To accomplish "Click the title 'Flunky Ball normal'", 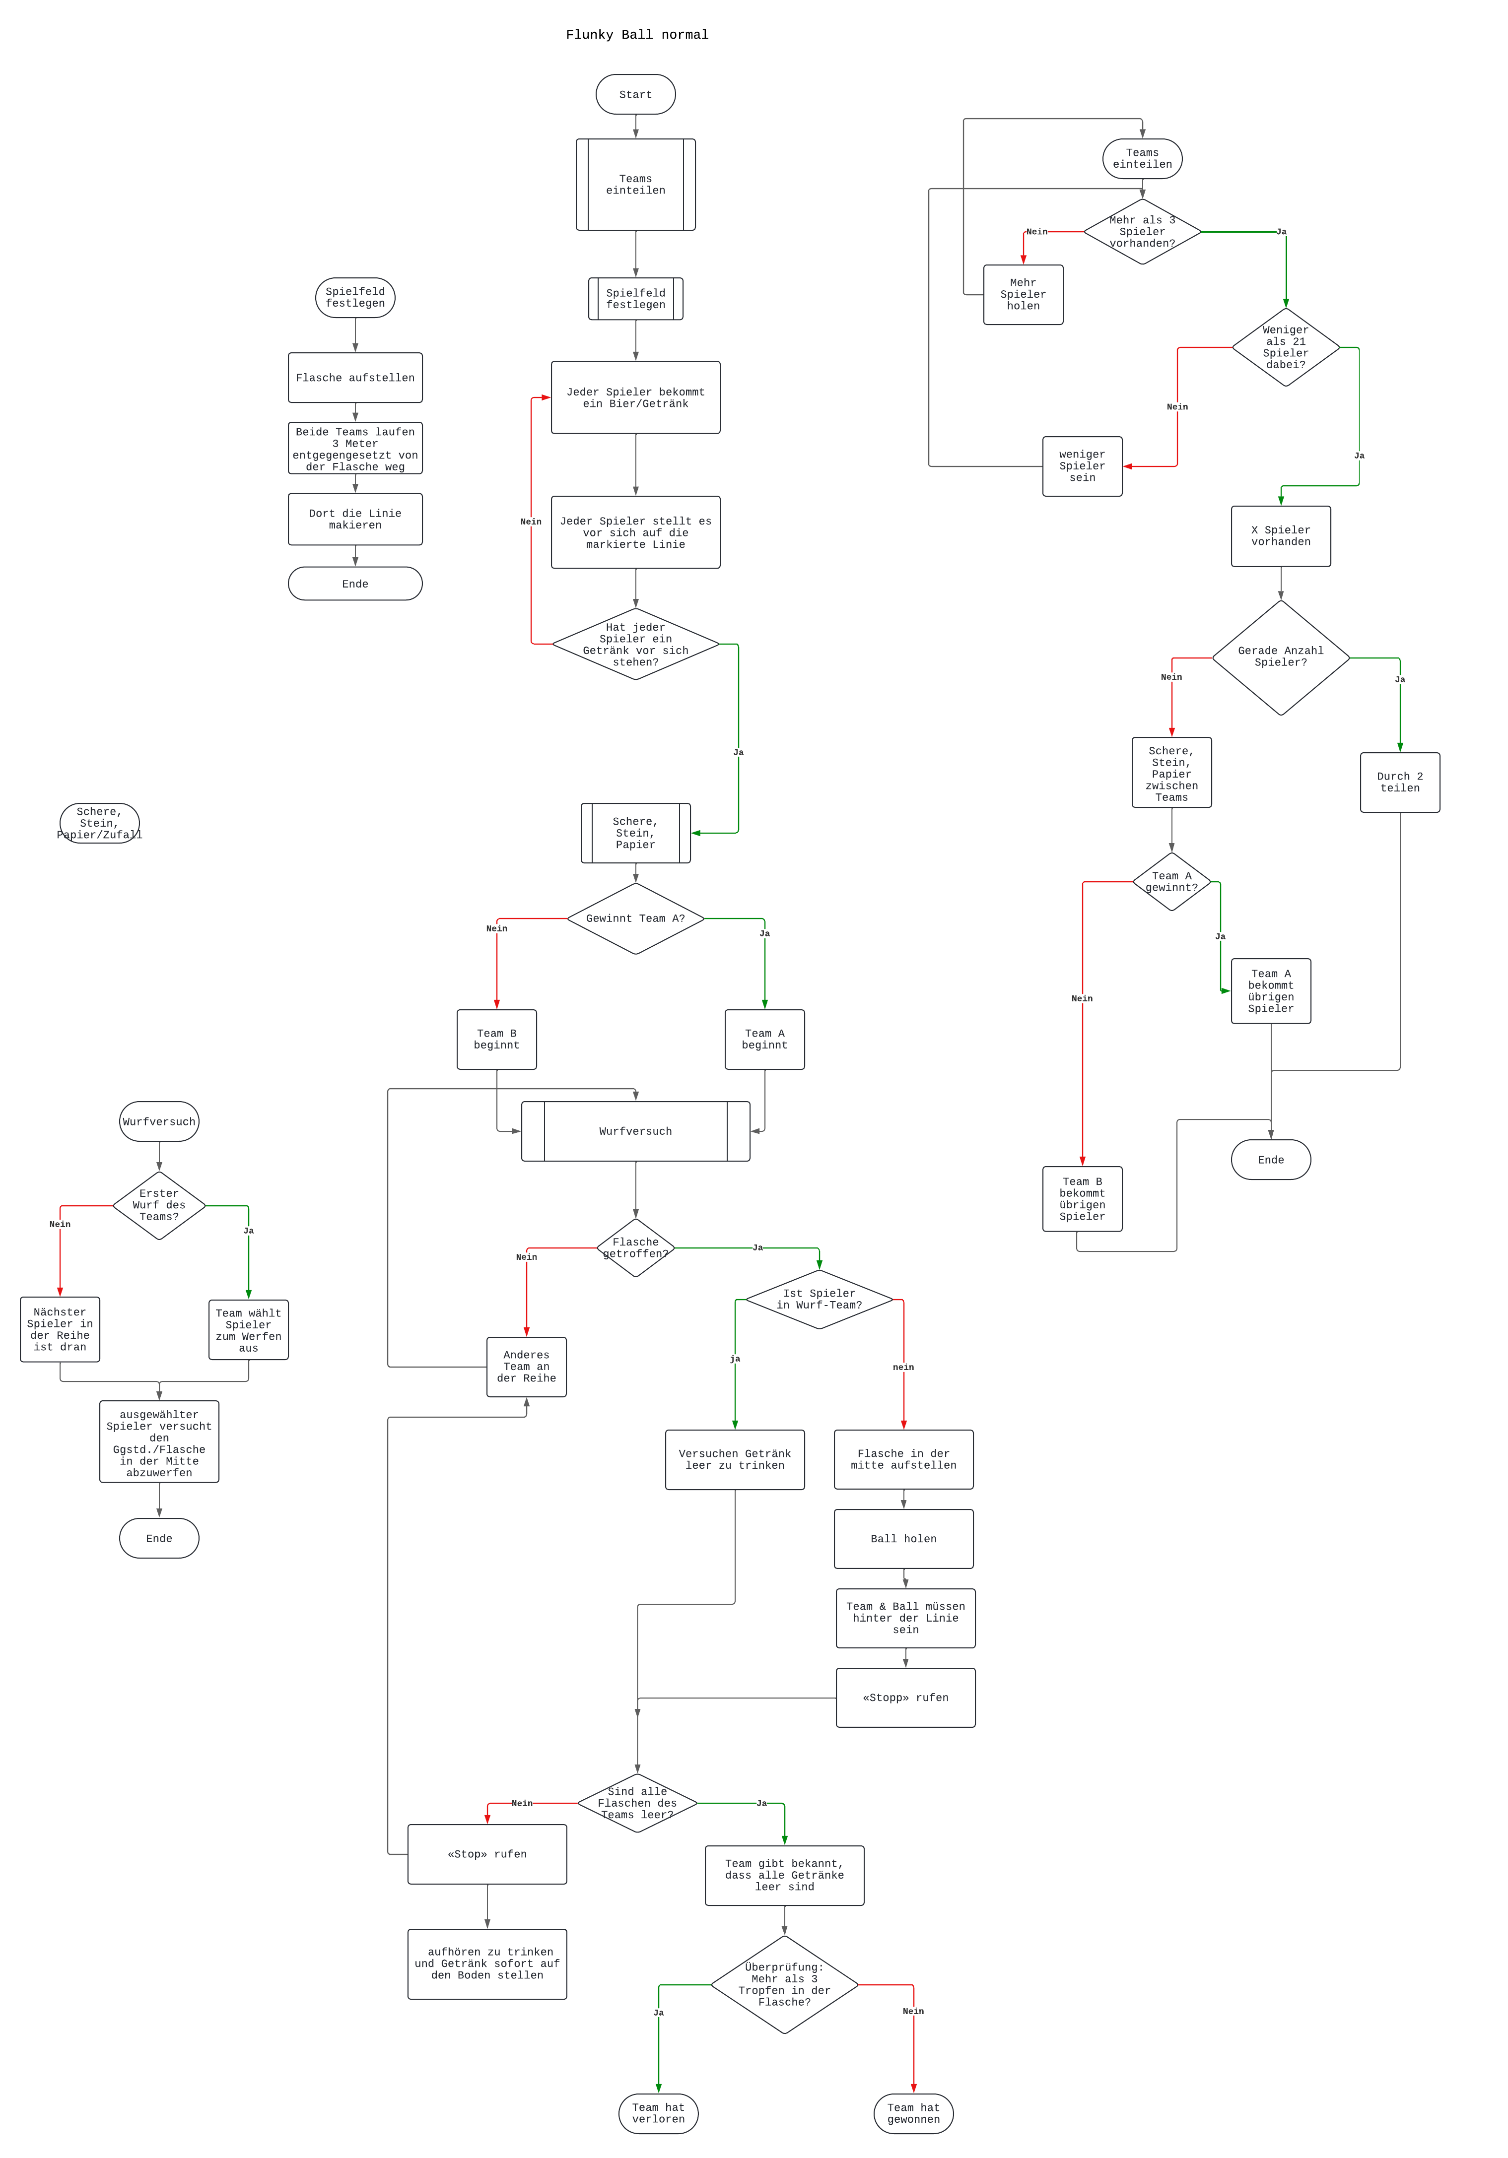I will [636, 35].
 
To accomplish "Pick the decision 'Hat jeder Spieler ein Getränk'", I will [635, 645].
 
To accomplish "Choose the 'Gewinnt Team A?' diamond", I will [635, 918].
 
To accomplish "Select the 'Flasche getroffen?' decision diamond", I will [635, 1248].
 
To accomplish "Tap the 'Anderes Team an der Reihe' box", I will [527, 1367].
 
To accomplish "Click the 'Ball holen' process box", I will [903, 1539].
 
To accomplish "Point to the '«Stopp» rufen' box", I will [905, 1698].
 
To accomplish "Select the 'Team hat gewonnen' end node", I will [913, 2113].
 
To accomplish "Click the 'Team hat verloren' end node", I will [658, 2113].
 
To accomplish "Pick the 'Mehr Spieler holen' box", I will [1023, 294].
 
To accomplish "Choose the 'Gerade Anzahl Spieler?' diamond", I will [1281, 657].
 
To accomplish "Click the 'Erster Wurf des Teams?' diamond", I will [159, 1205].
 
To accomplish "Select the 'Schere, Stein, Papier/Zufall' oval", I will [100, 823].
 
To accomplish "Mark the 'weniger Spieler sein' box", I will [1082, 466].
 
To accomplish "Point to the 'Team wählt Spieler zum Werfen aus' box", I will [248, 1330].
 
